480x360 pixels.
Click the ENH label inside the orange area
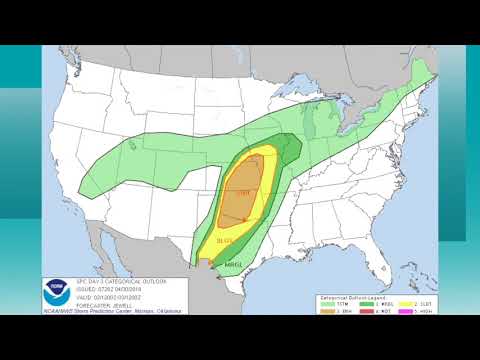click(x=244, y=192)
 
